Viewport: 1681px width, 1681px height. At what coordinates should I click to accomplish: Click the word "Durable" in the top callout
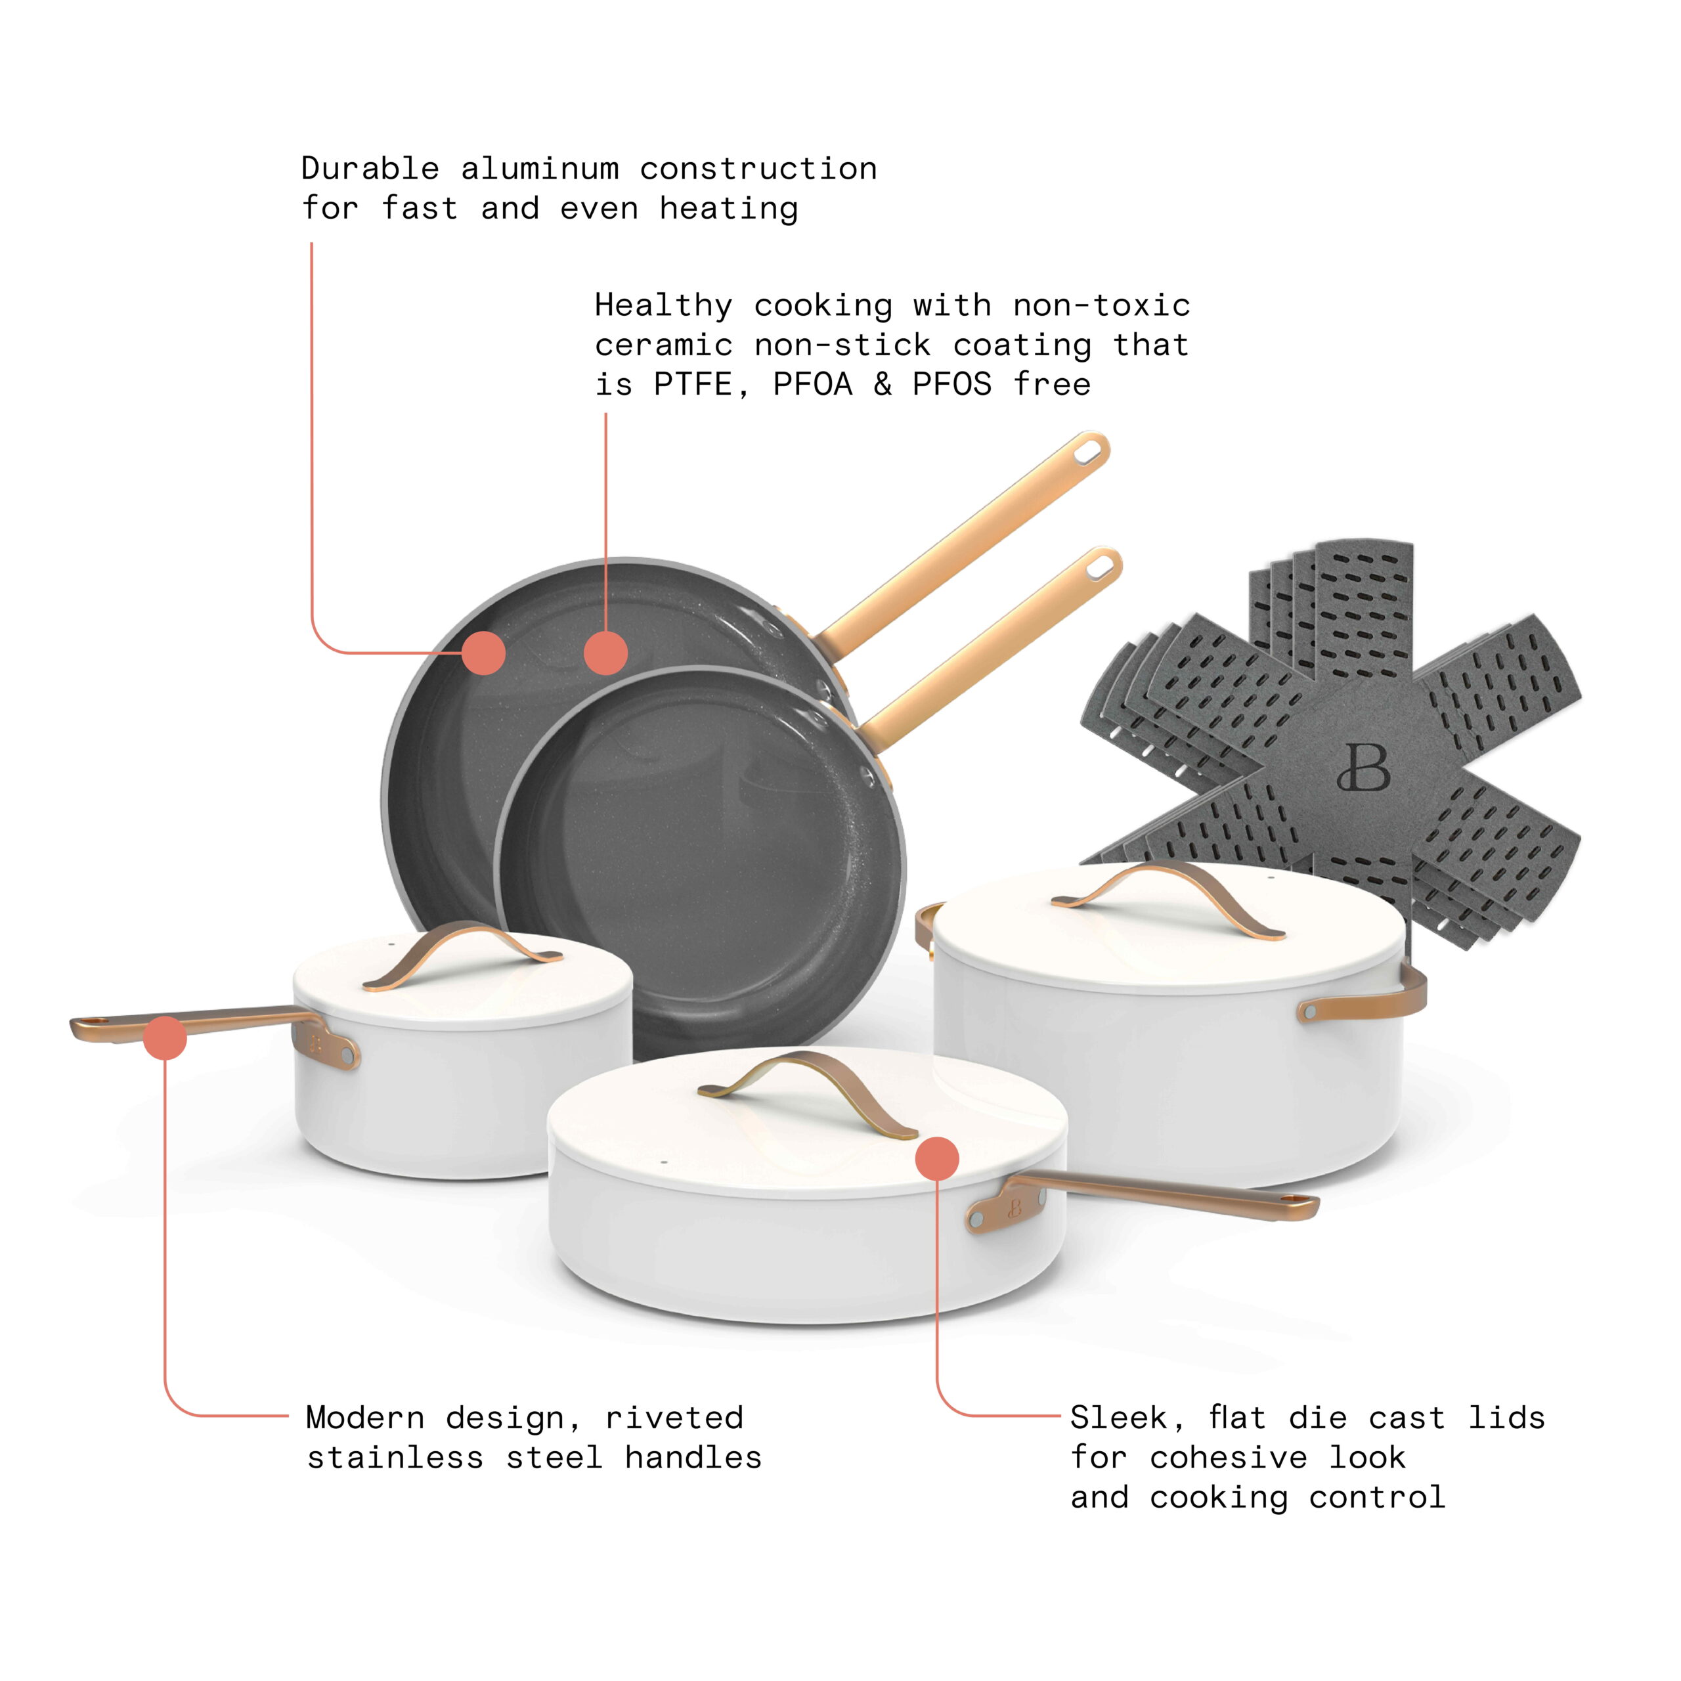[x=370, y=168]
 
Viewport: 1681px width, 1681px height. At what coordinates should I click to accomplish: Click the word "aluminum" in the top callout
[x=540, y=168]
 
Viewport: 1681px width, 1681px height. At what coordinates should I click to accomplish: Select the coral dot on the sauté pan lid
[x=937, y=1158]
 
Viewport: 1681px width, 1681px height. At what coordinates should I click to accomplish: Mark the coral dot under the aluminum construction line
[x=484, y=653]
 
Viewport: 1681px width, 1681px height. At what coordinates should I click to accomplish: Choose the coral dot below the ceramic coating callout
[x=605, y=653]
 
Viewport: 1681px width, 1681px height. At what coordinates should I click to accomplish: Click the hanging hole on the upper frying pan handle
[x=1087, y=452]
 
